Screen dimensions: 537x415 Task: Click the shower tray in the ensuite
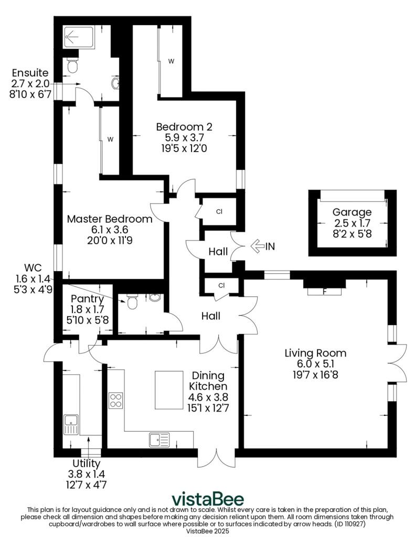coord(77,37)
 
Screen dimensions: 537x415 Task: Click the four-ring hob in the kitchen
coord(115,401)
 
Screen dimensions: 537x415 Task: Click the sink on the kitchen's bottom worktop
coord(156,438)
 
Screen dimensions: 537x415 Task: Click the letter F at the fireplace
coord(325,292)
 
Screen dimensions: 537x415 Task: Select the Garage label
coord(352,212)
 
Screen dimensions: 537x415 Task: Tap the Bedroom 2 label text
coord(184,126)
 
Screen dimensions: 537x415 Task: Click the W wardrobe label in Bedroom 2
coord(171,61)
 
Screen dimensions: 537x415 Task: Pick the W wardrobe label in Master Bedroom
coord(110,139)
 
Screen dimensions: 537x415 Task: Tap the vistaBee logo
coord(208,498)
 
